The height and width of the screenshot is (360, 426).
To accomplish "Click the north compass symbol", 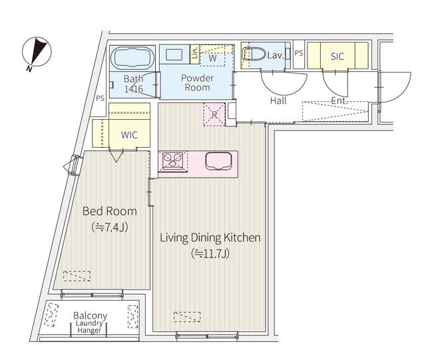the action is coord(37,52).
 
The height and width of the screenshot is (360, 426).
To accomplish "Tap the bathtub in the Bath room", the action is coord(132,58).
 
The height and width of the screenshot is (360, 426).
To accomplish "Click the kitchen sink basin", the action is coord(218,161).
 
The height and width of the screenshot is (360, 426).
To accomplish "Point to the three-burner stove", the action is coord(172,160).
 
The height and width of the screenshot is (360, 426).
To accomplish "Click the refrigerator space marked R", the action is coord(214,114).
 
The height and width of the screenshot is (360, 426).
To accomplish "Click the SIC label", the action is coord(337,57).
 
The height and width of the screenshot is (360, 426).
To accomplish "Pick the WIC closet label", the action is coord(129,135).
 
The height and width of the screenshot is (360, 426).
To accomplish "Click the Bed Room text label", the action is coord(109,211).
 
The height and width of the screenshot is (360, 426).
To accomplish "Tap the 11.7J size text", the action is coord(210,254).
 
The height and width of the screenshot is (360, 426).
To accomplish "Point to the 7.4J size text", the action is coord(109,227).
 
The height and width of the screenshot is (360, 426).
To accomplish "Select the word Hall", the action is coord(278,100).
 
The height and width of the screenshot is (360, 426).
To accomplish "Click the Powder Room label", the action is coord(197,83).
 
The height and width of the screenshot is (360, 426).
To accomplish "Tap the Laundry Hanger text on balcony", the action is coord(89,327).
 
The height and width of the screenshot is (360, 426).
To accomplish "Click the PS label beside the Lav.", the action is coord(299,53).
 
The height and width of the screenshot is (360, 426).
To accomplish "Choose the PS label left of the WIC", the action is coord(100,98).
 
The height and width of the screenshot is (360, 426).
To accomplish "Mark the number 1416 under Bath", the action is coord(133,89).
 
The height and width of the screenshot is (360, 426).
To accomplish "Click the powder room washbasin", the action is coord(174,55).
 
